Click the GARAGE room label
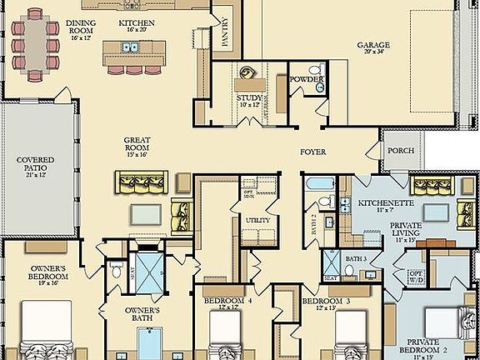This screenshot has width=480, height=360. (x=374, y=47)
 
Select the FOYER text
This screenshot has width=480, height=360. (x=313, y=152)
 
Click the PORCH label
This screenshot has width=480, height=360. (x=397, y=151)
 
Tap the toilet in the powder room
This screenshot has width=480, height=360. (x=313, y=71)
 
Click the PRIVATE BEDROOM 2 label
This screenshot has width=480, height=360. (x=434, y=345)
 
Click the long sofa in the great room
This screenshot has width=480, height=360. (x=142, y=181)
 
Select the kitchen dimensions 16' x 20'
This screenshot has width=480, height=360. (x=137, y=28)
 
